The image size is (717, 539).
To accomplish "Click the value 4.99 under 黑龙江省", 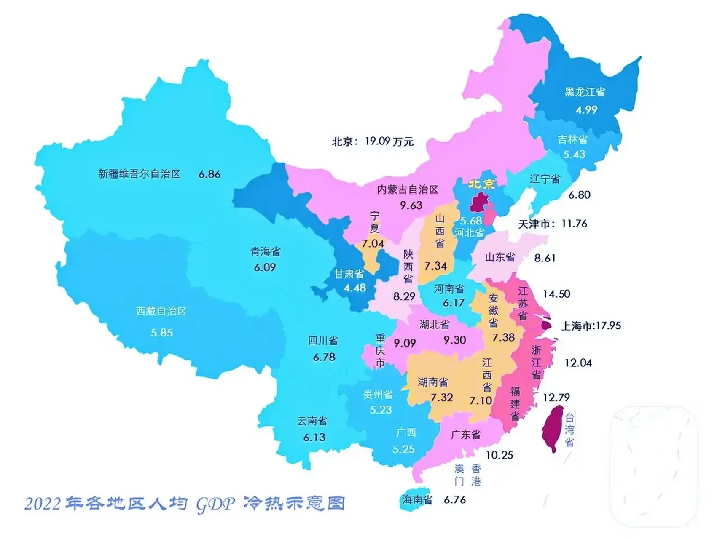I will point(586,110).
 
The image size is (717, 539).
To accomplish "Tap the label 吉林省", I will point(572,139).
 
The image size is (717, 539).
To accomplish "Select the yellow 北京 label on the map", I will point(482,184).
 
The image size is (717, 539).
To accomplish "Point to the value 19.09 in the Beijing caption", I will point(377,141).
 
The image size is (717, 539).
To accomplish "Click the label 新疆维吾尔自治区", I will point(139,174).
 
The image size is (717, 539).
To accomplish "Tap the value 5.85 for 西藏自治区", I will point(162,333).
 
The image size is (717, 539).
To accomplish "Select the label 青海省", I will point(266,252).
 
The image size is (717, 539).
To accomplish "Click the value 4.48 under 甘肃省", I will point(354,288).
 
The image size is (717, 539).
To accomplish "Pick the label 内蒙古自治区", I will point(408,189).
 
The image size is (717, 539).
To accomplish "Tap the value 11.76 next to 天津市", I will point(574,223).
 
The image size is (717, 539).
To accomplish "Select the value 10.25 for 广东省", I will point(499,455).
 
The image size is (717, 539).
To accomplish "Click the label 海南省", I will point(417,500).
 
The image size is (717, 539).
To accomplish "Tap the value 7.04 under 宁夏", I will point(372,244).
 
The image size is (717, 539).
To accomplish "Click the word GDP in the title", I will point(215,504).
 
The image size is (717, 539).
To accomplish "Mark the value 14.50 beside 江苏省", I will point(556,294).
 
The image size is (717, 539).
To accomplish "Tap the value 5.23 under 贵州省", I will point(380,410).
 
